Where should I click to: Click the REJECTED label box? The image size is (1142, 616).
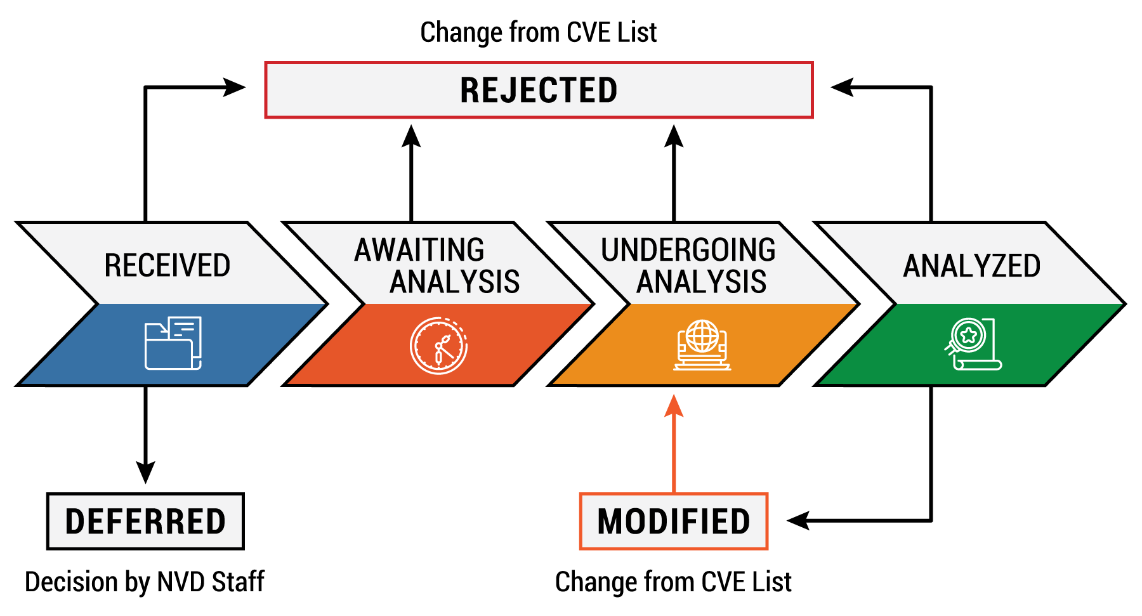pyautogui.click(x=539, y=90)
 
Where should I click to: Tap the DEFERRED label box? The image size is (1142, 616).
pyautogui.click(x=145, y=521)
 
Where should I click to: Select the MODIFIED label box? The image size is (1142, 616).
pyautogui.click(x=674, y=521)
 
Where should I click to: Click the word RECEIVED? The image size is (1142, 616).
pyautogui.click(x=167, y=265)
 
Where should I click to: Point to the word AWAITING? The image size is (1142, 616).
pyautogui.click(x=419, y=249)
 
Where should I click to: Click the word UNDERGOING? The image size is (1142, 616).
pyautogui.click(x=688, y=249)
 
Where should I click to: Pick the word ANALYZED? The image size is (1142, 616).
pyautogui.click(x=971, y=265)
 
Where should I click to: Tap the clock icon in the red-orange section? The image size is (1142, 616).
pyautogui.click(x=438, y=346)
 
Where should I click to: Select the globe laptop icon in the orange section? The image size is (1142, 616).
pyautogui.click(x=702, y=344)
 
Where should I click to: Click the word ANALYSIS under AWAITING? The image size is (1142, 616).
pyautogui.click(x=455, y=282)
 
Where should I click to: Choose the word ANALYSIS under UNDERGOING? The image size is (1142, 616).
pyautogui.click(x=702, y=282)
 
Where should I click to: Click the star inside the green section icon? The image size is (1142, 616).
pyautogui.click(x=969, y=334)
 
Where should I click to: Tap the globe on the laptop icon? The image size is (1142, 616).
pyautogui.click(x=702, y=336)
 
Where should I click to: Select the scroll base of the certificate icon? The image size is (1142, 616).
pyautogui.click(x=978, y=365)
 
